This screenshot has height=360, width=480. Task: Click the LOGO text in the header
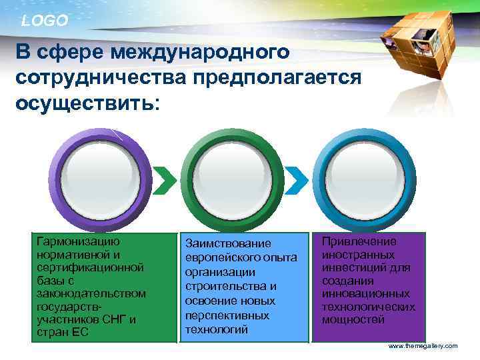tap(44, 21)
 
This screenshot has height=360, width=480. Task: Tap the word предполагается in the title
tap(277, 78)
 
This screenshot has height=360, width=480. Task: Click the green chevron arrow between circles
tap(166, 177)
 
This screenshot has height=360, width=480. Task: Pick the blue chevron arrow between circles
tap(299, 177)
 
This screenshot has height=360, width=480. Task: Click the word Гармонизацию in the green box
tap(79, 242)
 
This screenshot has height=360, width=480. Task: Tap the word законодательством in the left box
tap(92, 293)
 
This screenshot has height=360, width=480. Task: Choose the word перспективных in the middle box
tap(227, 315)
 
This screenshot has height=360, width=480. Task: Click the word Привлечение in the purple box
tap(359, 242)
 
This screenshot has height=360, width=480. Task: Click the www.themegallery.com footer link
tap(423, 346)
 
